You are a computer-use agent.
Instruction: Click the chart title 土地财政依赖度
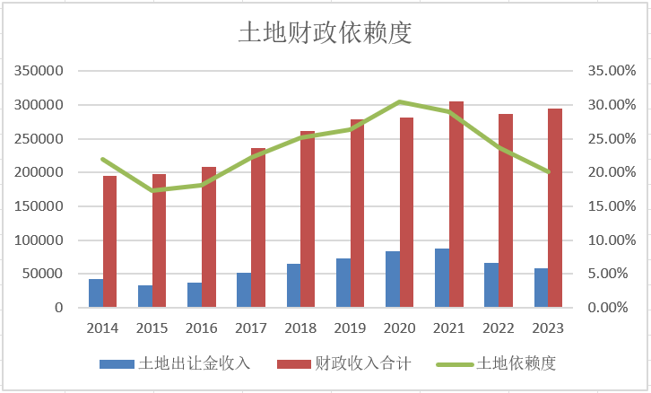[325, 32]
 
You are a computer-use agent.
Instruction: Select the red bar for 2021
[456, 205]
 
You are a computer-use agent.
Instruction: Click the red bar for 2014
[110, 241]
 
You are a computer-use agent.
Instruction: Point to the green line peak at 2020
[400, 102]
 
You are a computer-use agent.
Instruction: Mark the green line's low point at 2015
[152, 190]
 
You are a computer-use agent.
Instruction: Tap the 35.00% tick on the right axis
[607, 71]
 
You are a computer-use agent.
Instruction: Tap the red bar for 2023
[555, 208]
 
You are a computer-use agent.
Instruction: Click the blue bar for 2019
[343, 283]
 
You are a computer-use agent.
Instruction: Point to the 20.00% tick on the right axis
[607, 172]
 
